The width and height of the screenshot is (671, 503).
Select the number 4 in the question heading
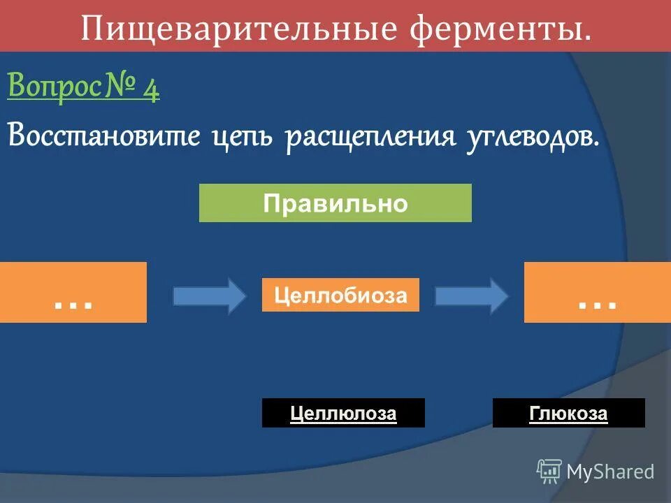tap(151, 89)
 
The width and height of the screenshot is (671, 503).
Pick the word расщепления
tap(370, 136)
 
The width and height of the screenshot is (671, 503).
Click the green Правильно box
tap(335, 203)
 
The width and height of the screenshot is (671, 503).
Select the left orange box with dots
tap(73, 292)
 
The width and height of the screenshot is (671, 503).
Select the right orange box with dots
tap(597, 292)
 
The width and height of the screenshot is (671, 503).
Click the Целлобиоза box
tap(340, 295)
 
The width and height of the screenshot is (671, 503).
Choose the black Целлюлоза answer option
tap(343, 413)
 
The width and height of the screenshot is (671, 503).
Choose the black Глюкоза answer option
tap(568, 413)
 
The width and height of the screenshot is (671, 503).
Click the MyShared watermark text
tap(610, 472)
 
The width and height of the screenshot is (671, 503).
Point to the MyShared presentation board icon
tap(549, 471)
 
